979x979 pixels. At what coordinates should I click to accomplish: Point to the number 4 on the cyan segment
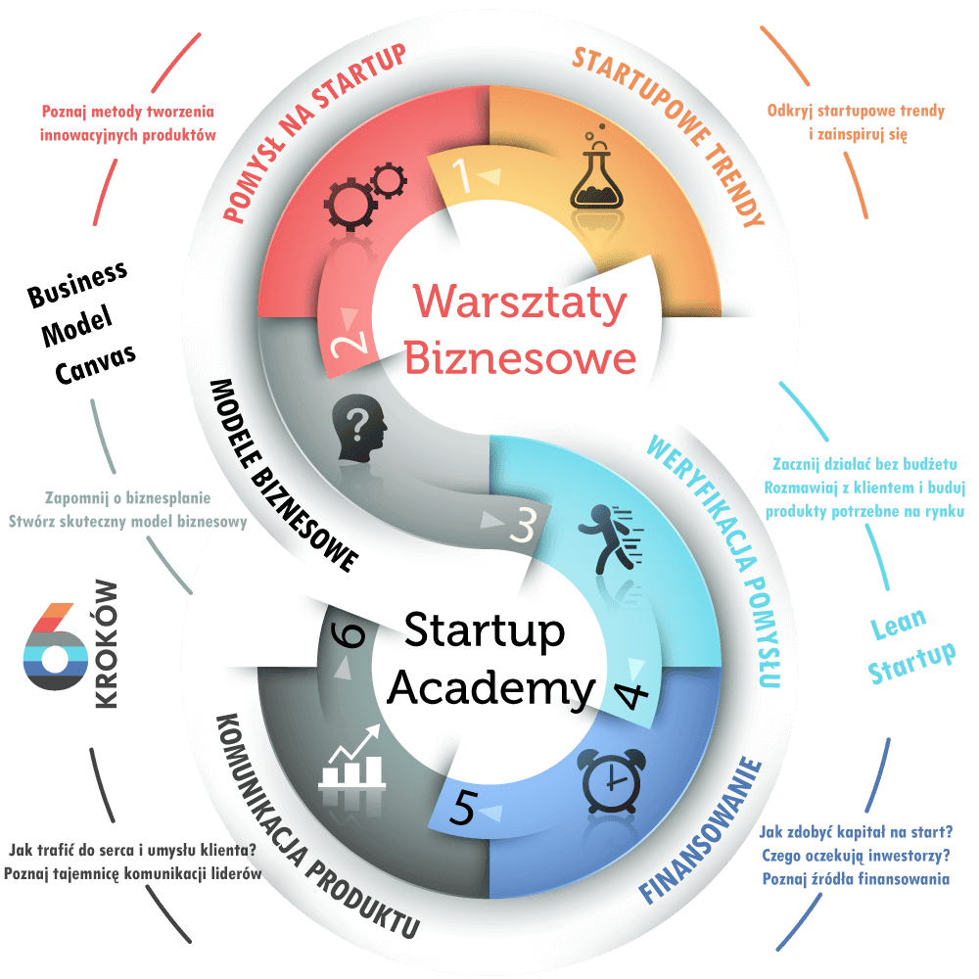point(631,693)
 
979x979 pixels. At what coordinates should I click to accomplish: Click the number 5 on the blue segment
point(466,810)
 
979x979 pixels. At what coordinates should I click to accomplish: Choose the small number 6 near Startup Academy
point(351,635)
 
